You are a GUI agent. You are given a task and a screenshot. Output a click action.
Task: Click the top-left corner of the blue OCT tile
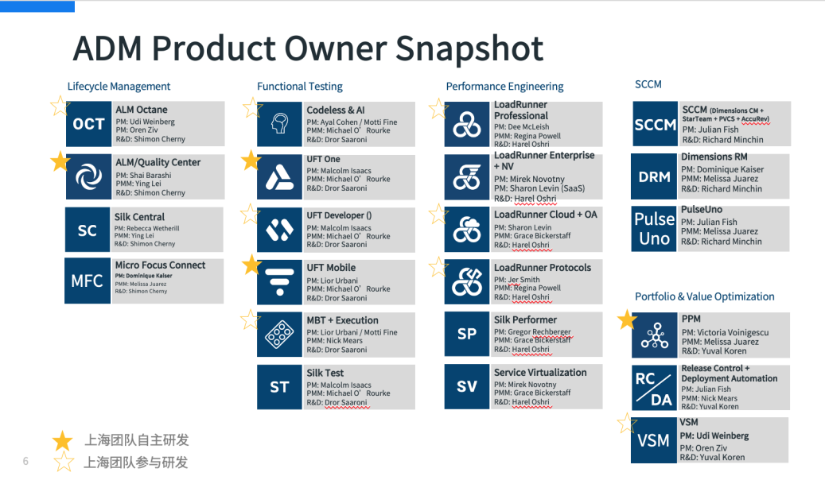66,102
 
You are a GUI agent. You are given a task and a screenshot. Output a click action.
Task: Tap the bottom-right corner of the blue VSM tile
676,463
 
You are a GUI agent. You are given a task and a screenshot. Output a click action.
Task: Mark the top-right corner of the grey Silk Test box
414,366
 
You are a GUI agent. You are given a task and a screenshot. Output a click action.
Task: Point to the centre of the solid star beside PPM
627,319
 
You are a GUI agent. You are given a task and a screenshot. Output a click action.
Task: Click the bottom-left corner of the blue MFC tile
65,304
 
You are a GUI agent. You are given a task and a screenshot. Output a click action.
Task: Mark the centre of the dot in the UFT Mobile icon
280,292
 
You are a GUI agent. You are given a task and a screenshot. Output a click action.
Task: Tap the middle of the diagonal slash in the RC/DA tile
653,388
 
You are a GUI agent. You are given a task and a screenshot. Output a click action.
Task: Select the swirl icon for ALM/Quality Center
89,176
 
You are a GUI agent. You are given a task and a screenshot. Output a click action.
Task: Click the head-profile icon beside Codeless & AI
280,124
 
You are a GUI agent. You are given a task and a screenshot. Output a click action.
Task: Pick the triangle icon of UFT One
279,177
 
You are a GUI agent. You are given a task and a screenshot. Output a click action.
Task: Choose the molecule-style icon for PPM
655,335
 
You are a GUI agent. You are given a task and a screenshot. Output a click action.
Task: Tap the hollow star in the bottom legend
64,462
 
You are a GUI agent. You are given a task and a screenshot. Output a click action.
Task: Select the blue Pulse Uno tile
654,229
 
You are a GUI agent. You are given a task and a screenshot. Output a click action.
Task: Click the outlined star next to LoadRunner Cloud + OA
438,214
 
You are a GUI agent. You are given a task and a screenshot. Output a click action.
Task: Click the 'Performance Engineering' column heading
504,86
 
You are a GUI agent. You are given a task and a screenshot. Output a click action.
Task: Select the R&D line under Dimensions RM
722,188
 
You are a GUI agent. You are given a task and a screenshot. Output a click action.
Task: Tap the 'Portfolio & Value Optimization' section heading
705,296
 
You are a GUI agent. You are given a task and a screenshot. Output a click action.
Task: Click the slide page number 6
25,462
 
